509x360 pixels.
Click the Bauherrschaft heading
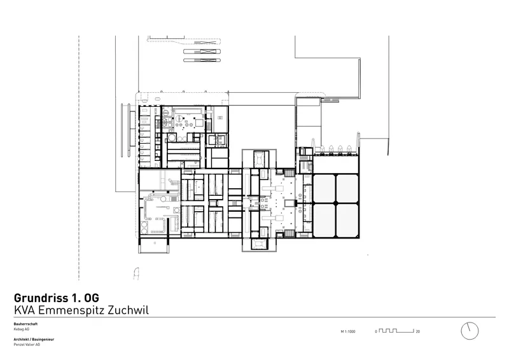pos(25,324)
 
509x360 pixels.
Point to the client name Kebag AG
pos(22,329)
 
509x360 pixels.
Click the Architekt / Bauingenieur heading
pos(34,339)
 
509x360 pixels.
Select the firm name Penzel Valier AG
pos(27,345)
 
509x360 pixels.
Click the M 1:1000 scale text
pos(348,331)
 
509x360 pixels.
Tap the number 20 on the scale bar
pos(418,331)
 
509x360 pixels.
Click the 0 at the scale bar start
pos(376,331)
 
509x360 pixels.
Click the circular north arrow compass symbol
pos(470,331)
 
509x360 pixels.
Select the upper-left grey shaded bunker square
pos(324,188)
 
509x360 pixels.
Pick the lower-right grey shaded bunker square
pos(347,220)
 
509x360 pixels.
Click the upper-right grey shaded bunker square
pos(347,188)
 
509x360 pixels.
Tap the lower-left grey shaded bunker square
pos(324,220)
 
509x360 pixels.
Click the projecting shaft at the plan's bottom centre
pos(259,244)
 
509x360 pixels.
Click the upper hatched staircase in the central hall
pos(289,172)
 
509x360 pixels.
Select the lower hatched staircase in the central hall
pos(289,233)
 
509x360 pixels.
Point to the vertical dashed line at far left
pos(79,158)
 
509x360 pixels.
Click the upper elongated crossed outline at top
pos(202,52)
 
